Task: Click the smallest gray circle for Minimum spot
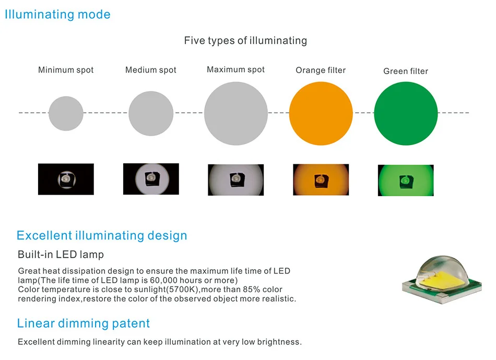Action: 66,113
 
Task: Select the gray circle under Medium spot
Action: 151,113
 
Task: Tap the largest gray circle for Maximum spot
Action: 236,113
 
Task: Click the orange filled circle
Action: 321,113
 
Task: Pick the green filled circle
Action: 406,113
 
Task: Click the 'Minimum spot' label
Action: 66,70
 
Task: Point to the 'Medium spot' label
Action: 151,70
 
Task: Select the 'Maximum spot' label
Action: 236,69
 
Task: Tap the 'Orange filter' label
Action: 321,70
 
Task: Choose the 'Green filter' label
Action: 406,71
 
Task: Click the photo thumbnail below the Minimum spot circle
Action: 66,179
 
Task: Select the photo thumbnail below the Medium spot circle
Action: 151,179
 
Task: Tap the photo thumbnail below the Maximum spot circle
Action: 236,180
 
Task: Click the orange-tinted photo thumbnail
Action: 321,180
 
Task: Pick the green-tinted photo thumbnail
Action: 406,181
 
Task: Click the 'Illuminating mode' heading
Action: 57,14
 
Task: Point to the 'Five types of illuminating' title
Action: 245,40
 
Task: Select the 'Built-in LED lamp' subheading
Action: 61,255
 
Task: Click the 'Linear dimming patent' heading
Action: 84,323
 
